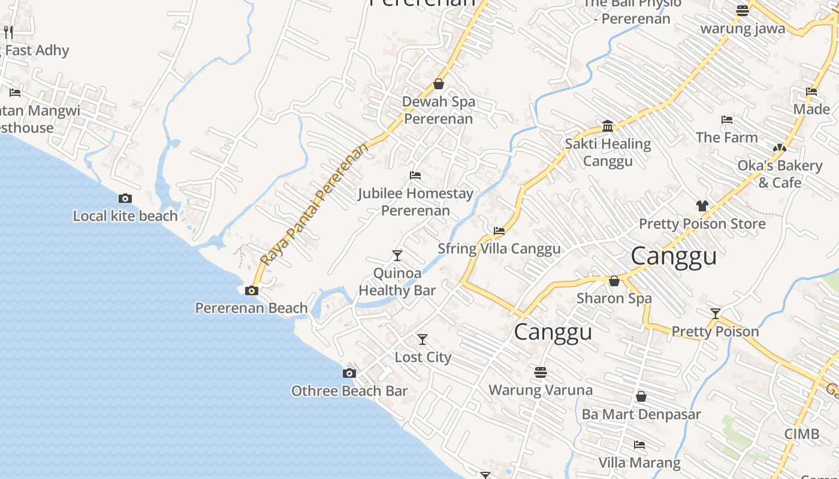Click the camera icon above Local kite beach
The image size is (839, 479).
[125, 199]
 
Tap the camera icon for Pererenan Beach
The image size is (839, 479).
[252, 291]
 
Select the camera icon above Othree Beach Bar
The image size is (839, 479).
[349, 374]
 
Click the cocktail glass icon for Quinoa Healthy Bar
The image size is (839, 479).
[397, 256]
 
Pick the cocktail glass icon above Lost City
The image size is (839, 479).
[422, 339]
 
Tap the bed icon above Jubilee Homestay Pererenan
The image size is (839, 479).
[415, 175]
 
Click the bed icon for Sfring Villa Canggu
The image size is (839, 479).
[499, 231]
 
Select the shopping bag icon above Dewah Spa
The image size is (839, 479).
[439, 84]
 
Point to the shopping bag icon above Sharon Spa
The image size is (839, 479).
[614, 281]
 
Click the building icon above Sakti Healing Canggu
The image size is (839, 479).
[608, 126]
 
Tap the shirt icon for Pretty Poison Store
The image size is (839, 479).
[702, 206]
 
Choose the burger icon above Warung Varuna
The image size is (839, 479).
[541, 372]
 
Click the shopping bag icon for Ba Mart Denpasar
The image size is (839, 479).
[641, 396]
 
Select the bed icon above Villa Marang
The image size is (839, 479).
[639, 445]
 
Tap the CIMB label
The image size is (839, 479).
[802, 434]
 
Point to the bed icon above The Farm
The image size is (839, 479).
[727, 120]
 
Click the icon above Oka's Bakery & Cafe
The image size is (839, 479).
[779, 148]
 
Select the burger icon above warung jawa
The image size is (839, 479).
[743, 10]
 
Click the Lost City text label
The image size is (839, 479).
[422, 357]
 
